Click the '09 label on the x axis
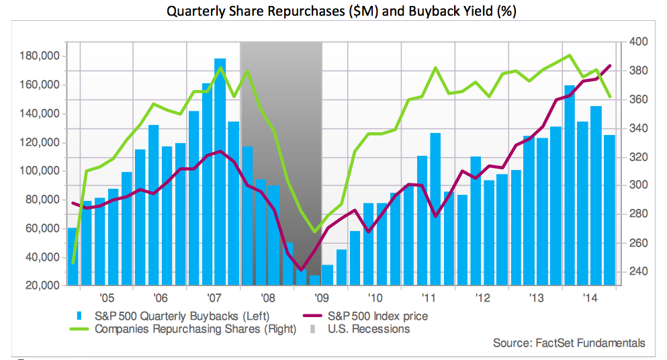[x=321, y=298]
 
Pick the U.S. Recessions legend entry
[x=368, y=329]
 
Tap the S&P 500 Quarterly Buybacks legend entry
[x=182, y=315]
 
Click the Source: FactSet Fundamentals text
[x=569, y=343]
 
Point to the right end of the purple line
[x=610, y=66]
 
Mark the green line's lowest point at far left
[x=73, y=263]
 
